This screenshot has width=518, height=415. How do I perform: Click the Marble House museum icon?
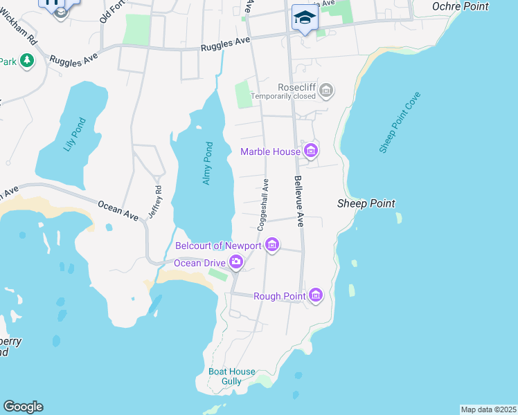tap(310, 150)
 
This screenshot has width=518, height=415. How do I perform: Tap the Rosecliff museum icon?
tap(326, 90)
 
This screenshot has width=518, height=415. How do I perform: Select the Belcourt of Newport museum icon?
tap(272, 245)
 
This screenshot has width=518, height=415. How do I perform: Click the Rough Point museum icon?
tap(316, 295)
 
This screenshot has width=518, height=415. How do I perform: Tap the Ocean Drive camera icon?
tap(237, 262)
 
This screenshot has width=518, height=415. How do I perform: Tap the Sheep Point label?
tap(366, 203)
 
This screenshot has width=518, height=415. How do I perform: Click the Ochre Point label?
tap(461, 6)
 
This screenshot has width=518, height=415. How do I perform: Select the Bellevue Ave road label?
tap(299, 201)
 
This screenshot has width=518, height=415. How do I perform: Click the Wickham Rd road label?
tap(28, 46)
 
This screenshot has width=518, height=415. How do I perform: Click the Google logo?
tap(23, 407)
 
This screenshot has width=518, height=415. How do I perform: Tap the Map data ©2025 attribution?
tap(488, 409)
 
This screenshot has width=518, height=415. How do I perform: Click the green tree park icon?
tap(27, 62)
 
